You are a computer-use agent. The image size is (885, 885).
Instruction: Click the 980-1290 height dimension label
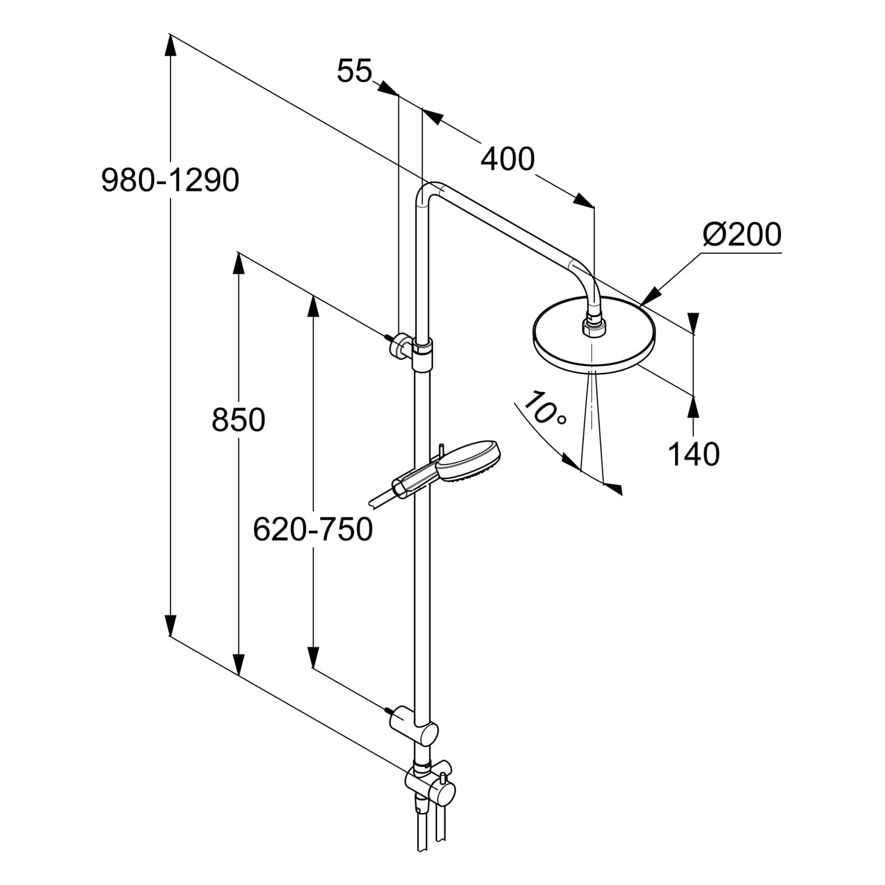click(x=171, y=181)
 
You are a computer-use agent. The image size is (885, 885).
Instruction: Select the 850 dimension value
click(x=238, y=421)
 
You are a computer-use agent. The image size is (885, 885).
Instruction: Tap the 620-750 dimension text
click(x=313, y=529)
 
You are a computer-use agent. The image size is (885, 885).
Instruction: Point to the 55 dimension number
click(x=355, y=72)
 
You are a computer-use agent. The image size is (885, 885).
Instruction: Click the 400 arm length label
click(x=507, y=159)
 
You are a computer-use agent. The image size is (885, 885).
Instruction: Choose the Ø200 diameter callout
click(x=742, y=235)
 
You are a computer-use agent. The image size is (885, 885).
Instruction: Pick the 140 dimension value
click(x=693, y=454)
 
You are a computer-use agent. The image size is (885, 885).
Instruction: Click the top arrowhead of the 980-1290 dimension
click(x=170, y=46)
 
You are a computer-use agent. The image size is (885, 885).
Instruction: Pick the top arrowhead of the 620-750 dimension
click(x=313, y=307)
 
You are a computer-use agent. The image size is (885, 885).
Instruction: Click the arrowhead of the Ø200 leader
click(x=651, y=297)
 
